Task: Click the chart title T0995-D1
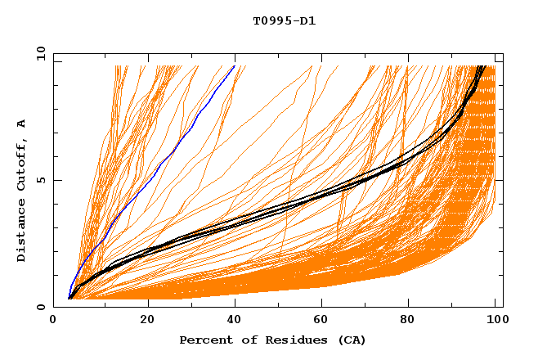click(284, 20)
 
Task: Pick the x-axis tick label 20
click(147, 319)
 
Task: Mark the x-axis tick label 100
click(494, 319)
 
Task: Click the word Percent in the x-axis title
click(204, 340)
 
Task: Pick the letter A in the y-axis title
click(21, 123)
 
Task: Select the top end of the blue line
click(235, 66)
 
